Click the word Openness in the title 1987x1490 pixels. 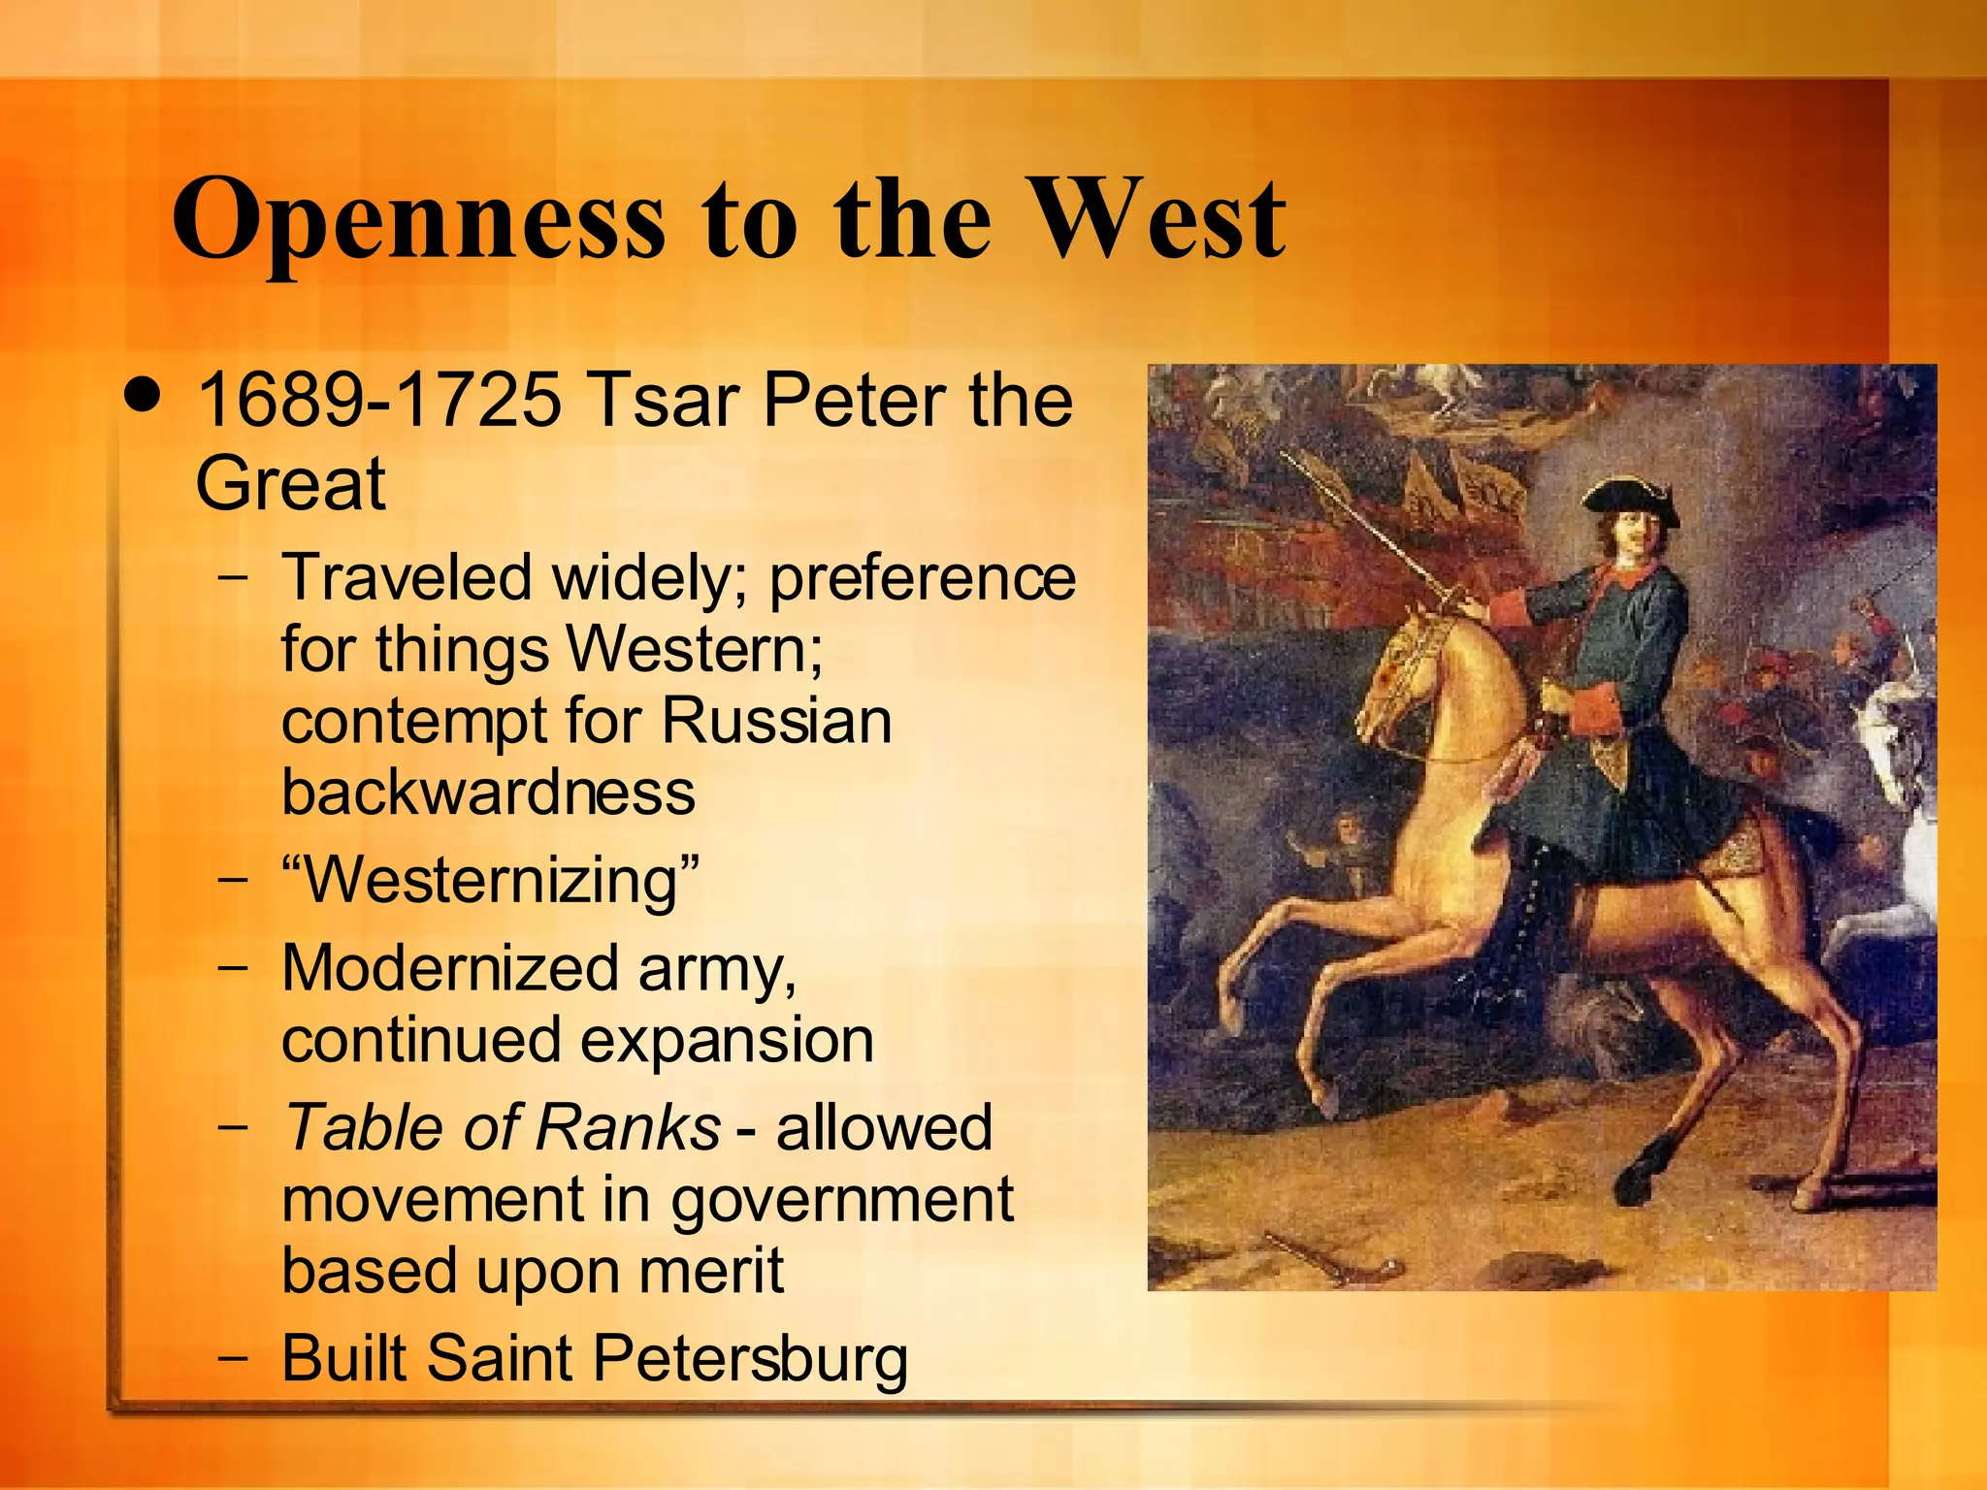(x=418, y=221)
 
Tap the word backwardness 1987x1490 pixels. (x=488, y=792)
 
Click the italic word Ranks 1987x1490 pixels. (x=627, y=1127)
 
